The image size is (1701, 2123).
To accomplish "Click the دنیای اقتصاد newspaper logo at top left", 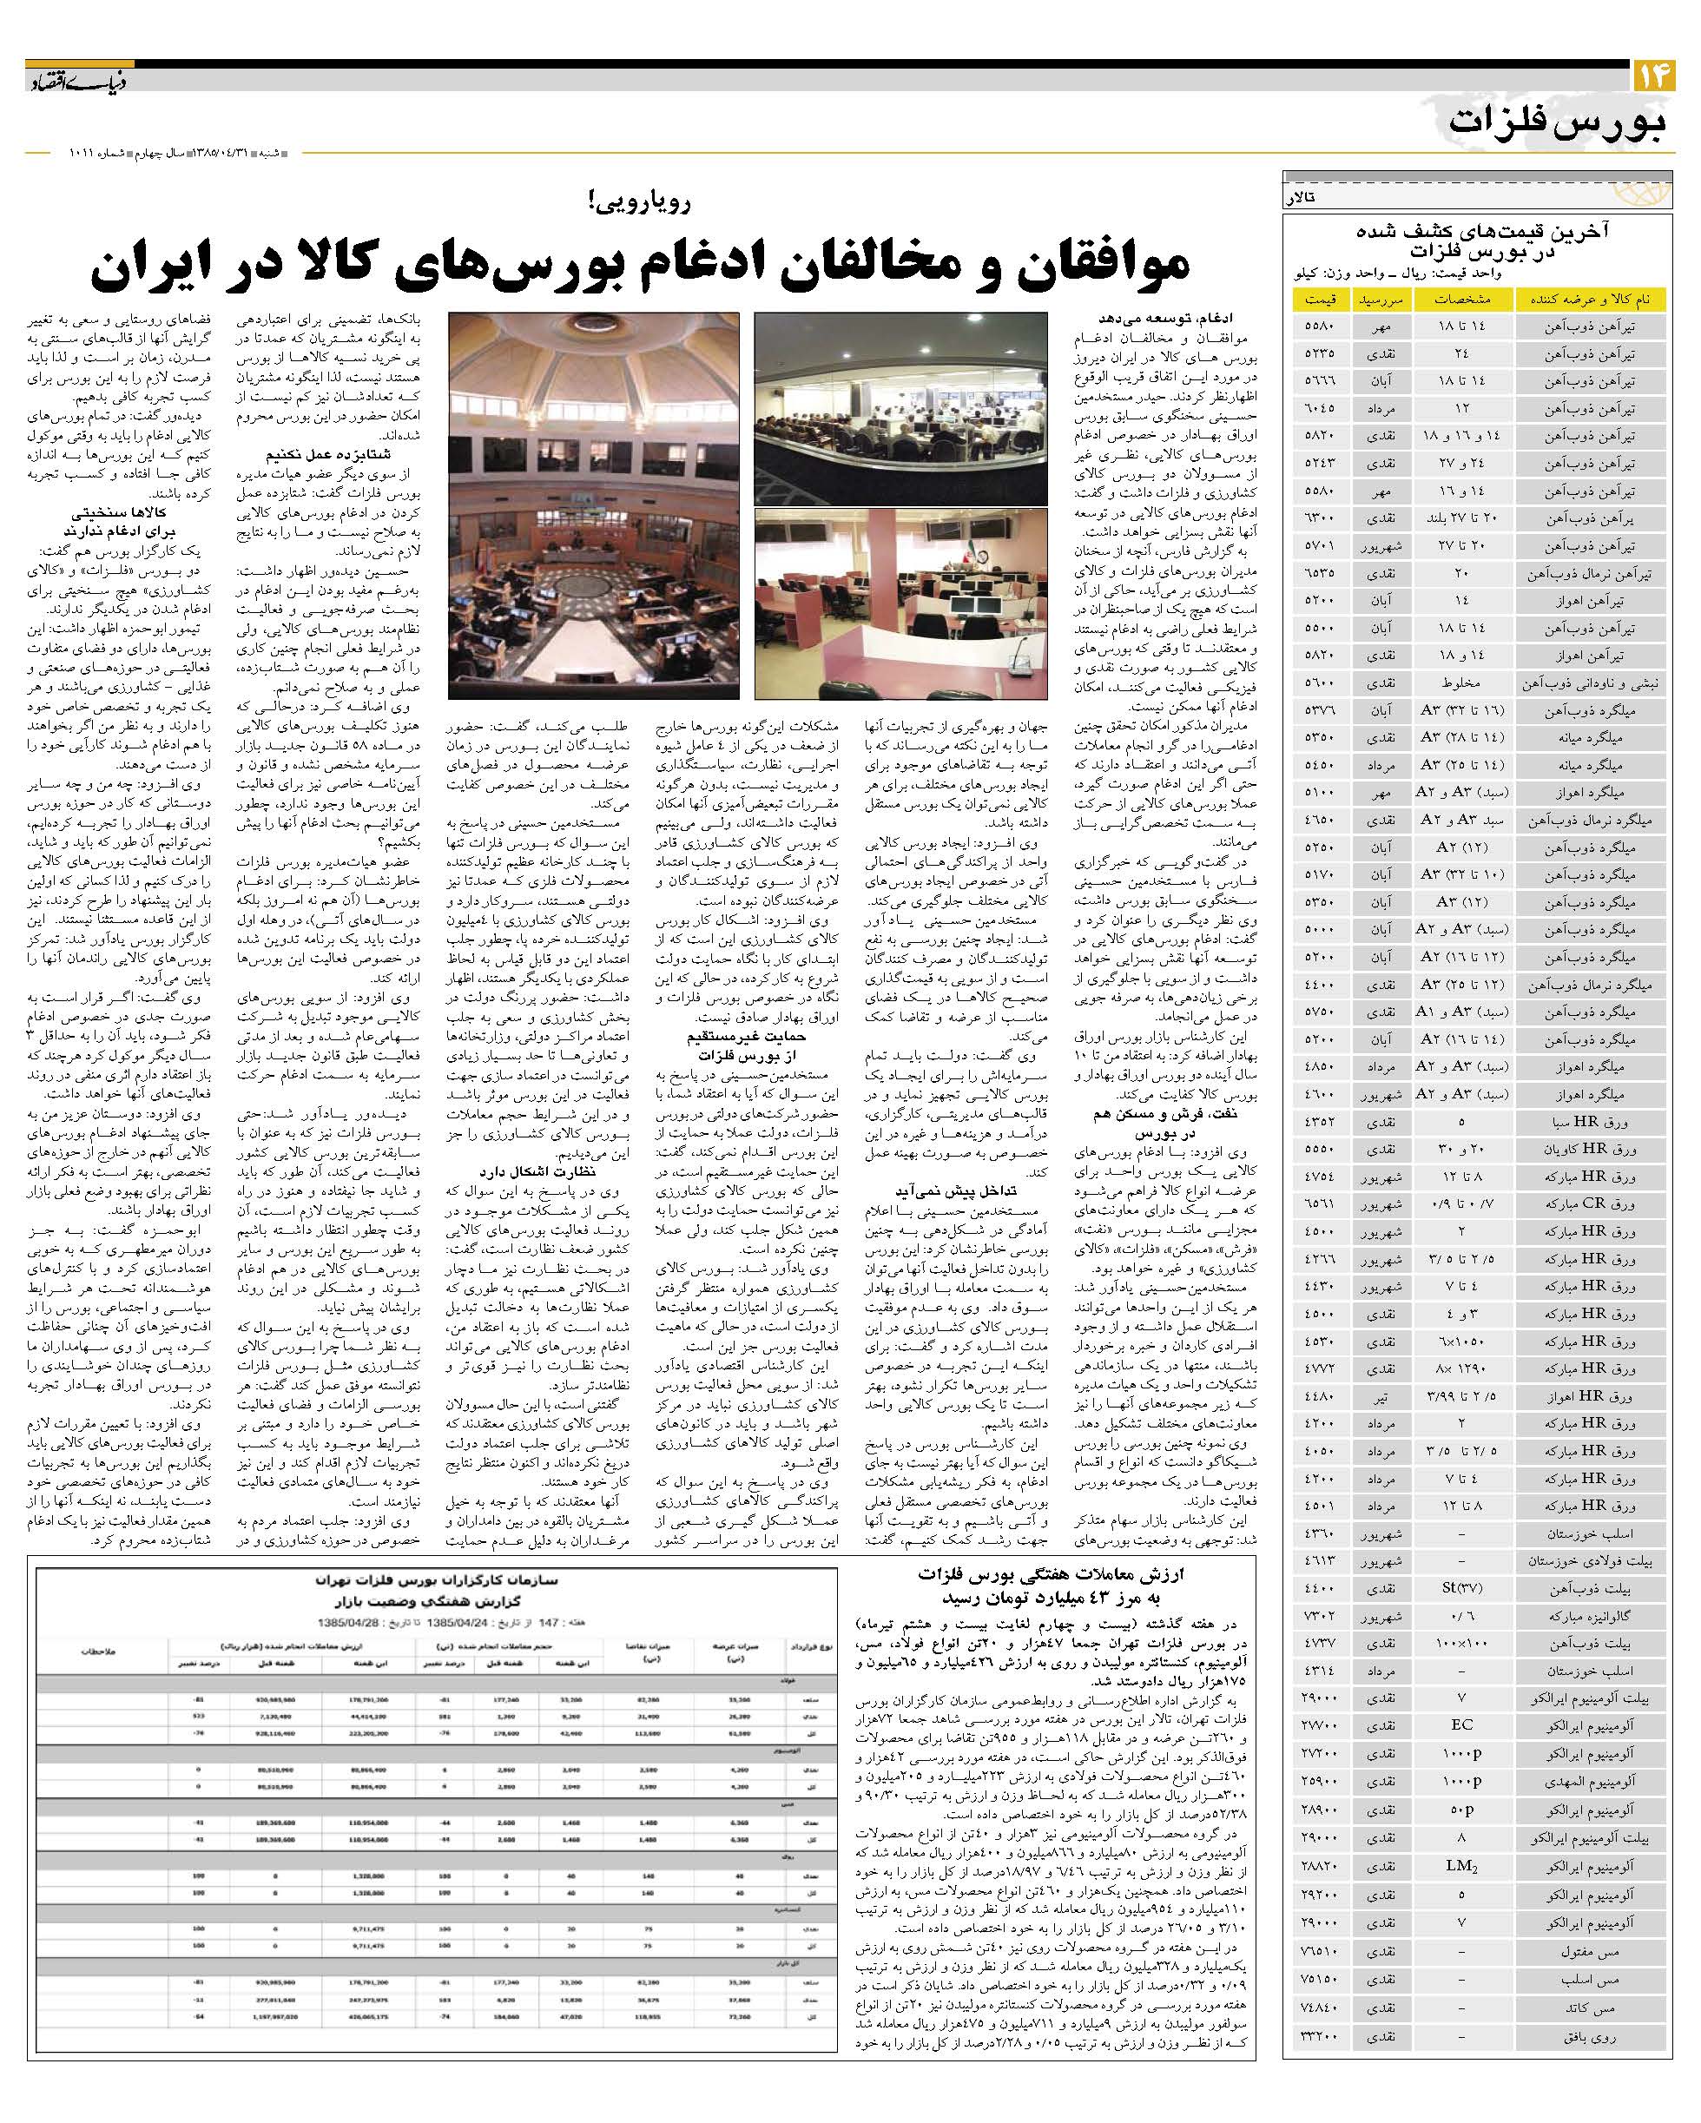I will click(65, 79).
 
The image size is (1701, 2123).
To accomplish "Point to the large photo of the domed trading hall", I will click(594, 505).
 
